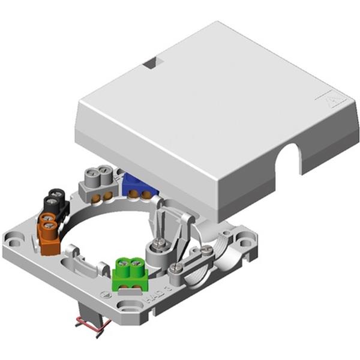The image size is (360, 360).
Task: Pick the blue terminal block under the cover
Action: pos(139,186)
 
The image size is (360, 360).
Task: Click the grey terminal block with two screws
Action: pos(97,181)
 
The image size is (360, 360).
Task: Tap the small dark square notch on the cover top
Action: pos(151,62)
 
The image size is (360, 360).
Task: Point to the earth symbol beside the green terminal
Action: pos(106,295)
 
